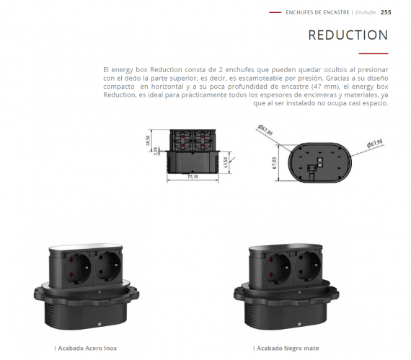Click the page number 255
386,12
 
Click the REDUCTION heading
348,35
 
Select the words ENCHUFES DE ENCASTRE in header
317,12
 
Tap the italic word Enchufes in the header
366,12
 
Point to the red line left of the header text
275,12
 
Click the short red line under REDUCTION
374,53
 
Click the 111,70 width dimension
192,176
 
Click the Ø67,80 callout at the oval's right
374,144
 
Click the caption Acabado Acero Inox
87,348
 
